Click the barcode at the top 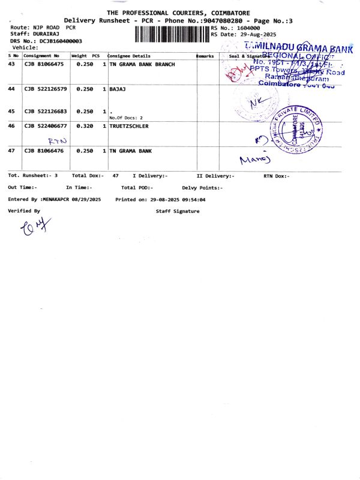(x=172, y=33)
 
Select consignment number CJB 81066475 (x=44, y=64)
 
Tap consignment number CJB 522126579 (x=46, y=89)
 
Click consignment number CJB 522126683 (x=46, y=112)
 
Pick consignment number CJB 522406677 (x=46, y=127)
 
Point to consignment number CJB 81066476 (x=44, y=151)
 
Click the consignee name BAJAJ (x=118, y=89)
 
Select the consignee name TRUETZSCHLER (x=129, y=127)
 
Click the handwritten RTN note (x=58, y=140)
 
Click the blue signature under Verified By (x=35, y=227)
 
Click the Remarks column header (x=205, y=56)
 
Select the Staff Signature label (x=178, y=211)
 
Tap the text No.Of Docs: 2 (x=126, y=118)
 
